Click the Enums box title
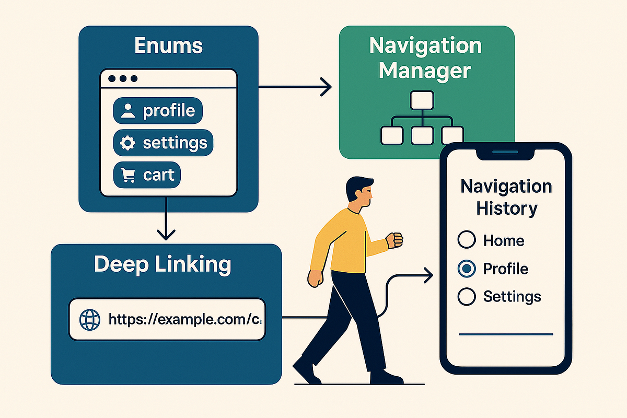coord(168,46)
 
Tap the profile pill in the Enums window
coord(158,111)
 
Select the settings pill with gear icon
coord(163,143)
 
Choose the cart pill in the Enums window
coord(147,175)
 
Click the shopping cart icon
coord(127,176)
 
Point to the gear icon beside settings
coord(127,143)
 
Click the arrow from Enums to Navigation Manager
coord(295,87)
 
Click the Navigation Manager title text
coord(426,57)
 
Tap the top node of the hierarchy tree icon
coord(422,100)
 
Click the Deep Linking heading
coord(162,265)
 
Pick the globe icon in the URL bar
coord(89,319)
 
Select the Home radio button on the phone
coord(467,240)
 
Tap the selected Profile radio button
coord(467,269)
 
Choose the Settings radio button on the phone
coord(467,296)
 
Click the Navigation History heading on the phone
coord(506,198)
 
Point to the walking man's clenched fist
coord(395,239)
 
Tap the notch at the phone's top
coord(505,152)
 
